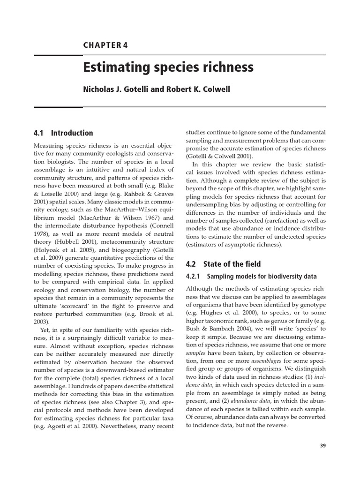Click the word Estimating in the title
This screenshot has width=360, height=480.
pos(112,67)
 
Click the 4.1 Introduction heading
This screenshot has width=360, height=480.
pos(63,133)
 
